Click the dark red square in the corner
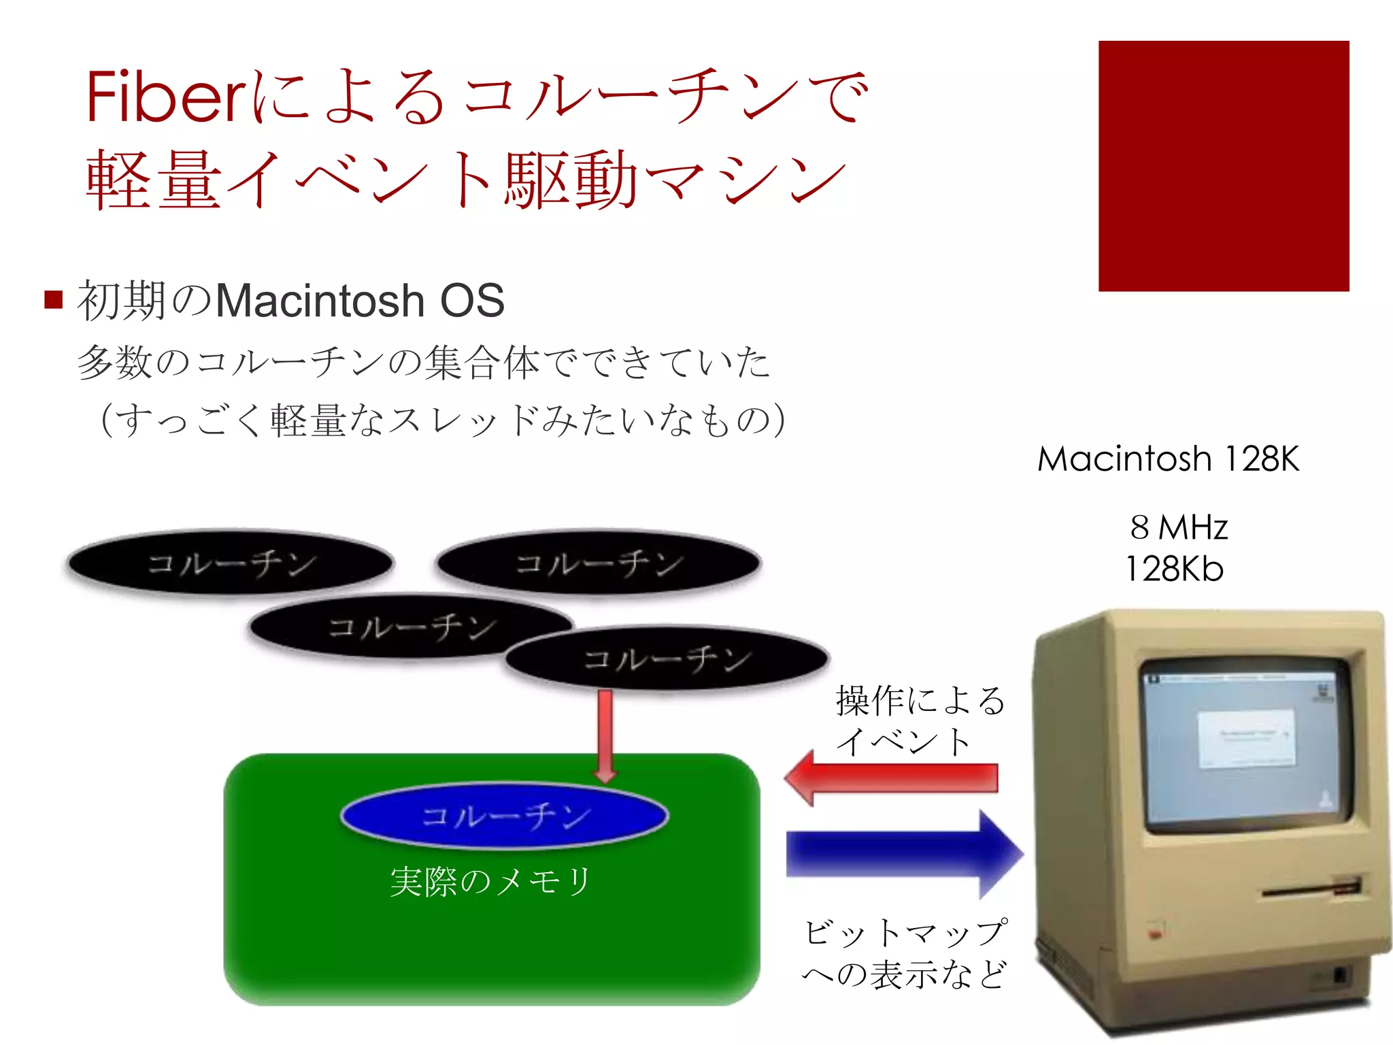1223,166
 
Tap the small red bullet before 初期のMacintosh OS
53,299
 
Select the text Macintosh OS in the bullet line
360,301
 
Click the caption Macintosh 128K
1168,459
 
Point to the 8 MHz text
1179,527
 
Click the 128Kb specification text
1175,569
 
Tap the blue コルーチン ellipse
504,816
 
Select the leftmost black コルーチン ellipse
231,563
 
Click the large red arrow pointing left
891,778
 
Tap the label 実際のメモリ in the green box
490,882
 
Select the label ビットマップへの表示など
905,954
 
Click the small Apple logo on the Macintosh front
1154,934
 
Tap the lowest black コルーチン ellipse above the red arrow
667,659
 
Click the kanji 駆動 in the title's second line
570,180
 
